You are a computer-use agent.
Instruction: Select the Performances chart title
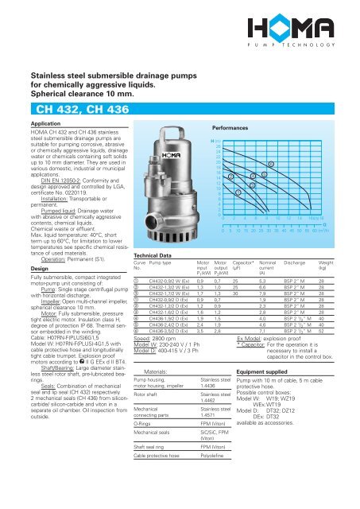click(x=236, y=126)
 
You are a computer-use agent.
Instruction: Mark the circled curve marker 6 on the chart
click(x=272, y=164)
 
